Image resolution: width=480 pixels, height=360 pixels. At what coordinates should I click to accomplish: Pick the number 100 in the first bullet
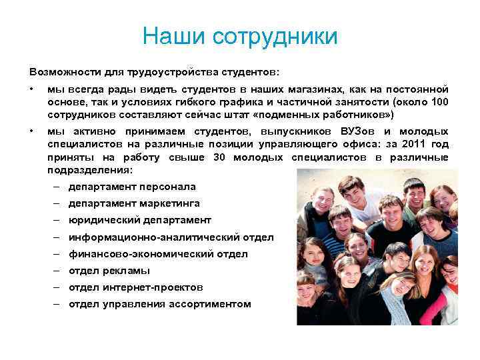click(439, 101)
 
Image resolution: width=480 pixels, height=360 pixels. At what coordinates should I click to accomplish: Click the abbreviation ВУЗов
click(359, 132)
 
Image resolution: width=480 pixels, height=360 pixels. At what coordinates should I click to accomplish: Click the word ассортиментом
click(209, 304)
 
